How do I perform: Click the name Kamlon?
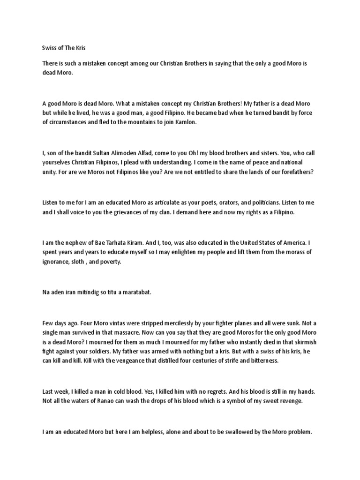click(x=186, y=123)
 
